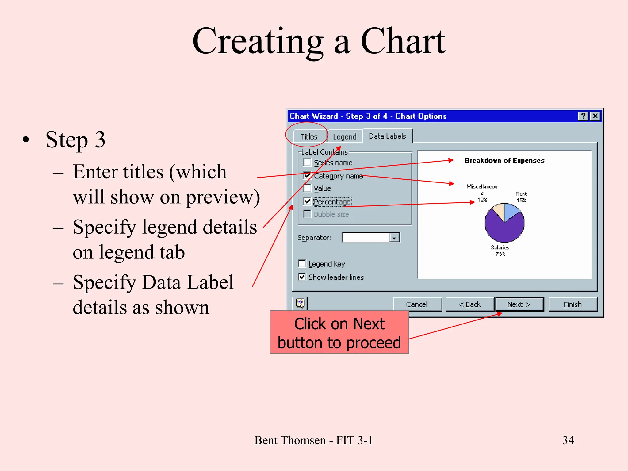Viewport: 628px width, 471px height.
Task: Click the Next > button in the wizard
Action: coord(519,304)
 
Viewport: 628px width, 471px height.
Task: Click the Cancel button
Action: coord(417,304)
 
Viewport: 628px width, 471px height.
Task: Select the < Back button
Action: coord(469,304)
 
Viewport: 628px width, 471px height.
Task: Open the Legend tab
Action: coord(344,137)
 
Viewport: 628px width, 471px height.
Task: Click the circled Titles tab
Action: coord(308,137)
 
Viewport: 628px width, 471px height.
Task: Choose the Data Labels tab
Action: coord(387,136)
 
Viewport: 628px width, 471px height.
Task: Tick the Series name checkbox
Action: coord(307,163)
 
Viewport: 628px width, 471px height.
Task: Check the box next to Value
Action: coord(307,188)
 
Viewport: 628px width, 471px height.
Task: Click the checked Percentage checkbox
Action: coord(307,201)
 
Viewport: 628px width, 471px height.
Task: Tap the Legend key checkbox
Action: coord(302,264)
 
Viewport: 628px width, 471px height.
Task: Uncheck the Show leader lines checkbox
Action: coord(302,277)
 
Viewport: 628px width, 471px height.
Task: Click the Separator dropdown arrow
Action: coord(394,238)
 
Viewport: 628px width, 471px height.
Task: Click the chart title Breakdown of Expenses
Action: coord(504,160)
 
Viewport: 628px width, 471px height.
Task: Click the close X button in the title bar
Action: coord(595,116)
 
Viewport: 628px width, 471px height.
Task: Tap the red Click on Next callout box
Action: coord(339,332)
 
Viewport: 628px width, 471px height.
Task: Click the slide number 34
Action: coord(568,440)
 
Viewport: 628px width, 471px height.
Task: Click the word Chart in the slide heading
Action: coord(403,41)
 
